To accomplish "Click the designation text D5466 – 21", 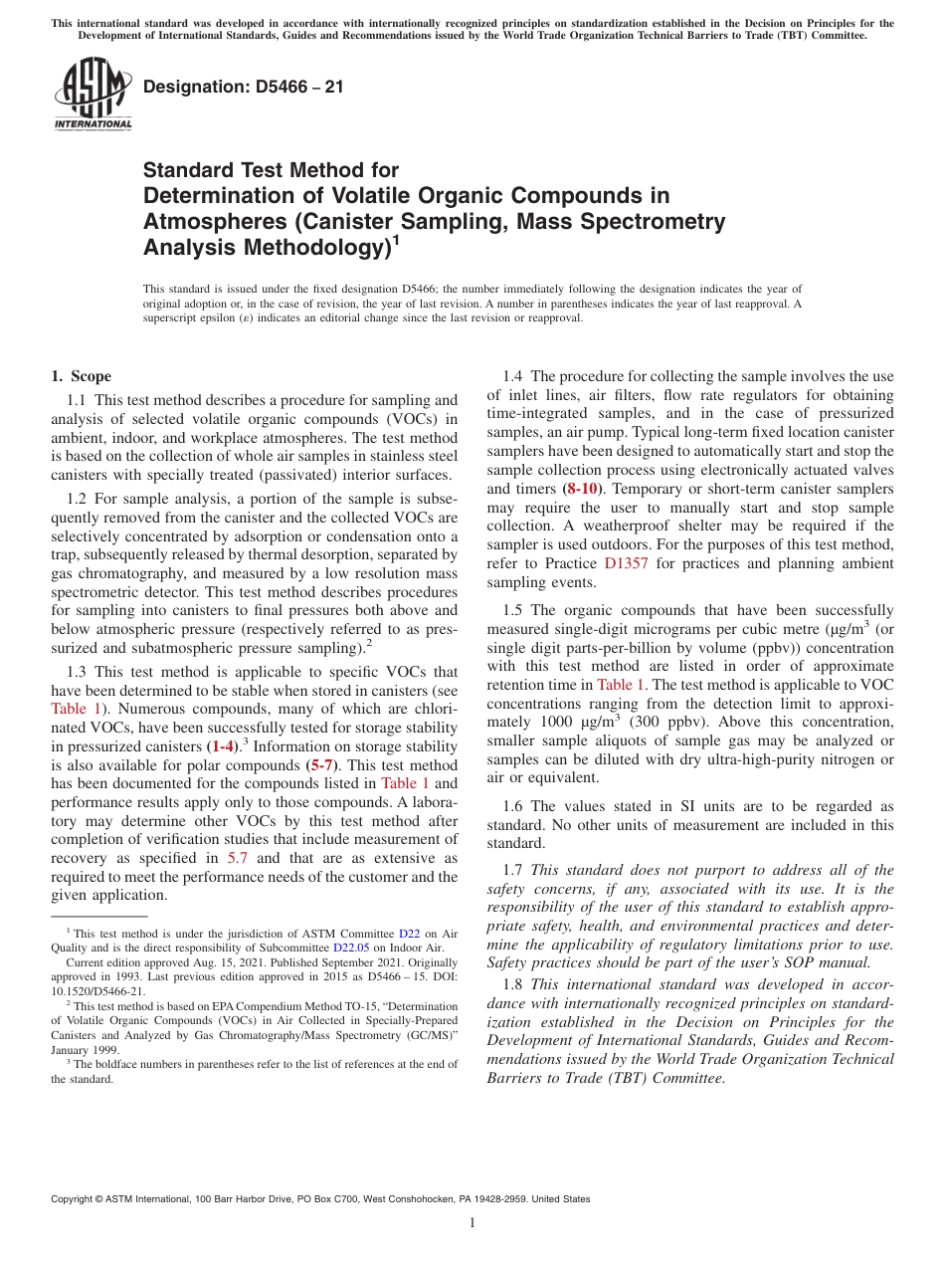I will (x=244, y=87).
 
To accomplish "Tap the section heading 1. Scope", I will (x=81, y=376).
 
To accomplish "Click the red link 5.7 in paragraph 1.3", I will (x=238, y=858).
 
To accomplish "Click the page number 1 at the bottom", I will (x=472, y=1223).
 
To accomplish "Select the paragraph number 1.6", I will (x=513, y=806).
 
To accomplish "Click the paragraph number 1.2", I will (x=78, y=497).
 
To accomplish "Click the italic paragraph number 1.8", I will (x=513, y=984).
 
